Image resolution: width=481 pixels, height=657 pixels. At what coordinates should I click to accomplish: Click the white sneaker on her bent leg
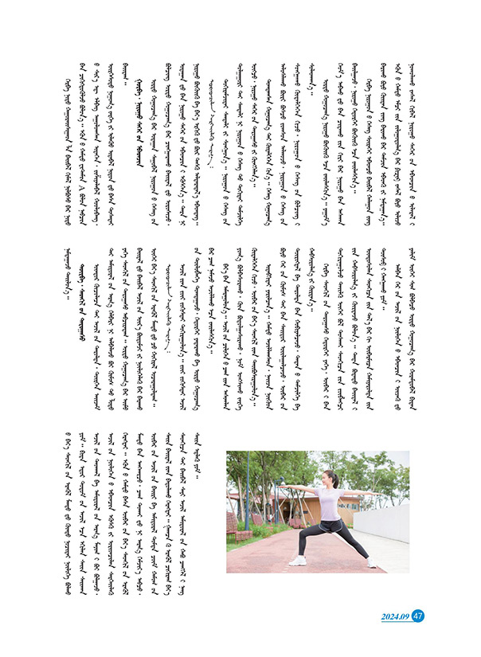click(296, 561)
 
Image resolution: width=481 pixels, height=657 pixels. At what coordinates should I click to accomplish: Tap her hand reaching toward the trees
click(281, 487)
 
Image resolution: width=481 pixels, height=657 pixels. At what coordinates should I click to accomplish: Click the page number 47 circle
click(420, 615)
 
